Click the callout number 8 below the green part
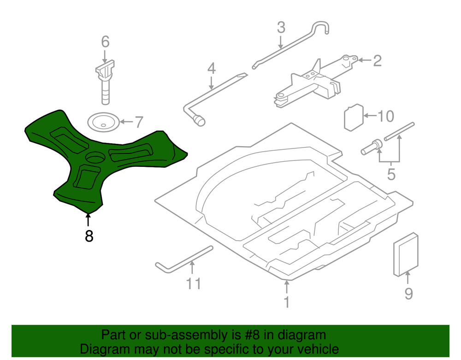click(x=89, y=236)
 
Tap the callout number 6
click(x=105, y=42)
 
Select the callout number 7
click(x=138, y=122)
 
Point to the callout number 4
click(x=211, y=69)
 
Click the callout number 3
click(x=281, y=28)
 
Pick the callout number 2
click(x=377, y=60)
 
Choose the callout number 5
click(x=391, y=175)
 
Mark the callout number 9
click(x=408, y=293)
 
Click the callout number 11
click(x=194, y=283)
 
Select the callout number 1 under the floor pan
click(x=287, y=302)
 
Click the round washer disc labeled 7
click(x=103, y=122)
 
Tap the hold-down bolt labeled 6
click(x=106, y=83)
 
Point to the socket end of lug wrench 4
click(x=199, y=121)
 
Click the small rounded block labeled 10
click(x=354, y=118)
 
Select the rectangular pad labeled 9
click(x=406, y=255)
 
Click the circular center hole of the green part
click(x=96, y=157)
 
